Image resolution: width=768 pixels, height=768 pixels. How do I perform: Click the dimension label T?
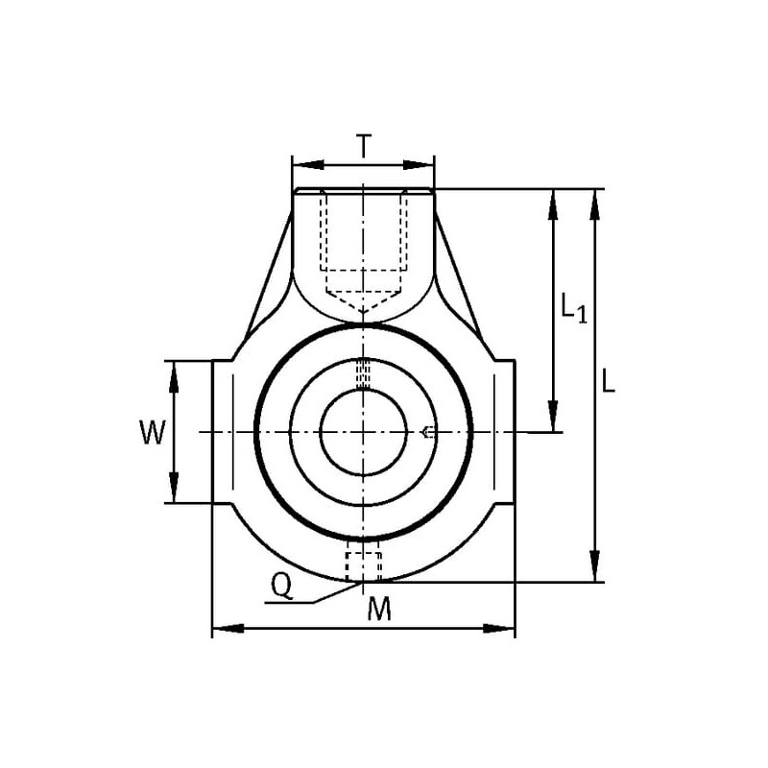[363, 146]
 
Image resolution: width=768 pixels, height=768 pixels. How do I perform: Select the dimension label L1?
[573, 308]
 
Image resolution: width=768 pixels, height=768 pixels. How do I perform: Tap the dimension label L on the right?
[608, 381]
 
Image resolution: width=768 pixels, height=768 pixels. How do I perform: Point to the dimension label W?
[153, 433]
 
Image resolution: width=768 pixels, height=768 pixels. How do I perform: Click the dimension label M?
[379, 610]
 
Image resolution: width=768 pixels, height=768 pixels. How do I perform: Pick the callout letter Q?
[282, 587]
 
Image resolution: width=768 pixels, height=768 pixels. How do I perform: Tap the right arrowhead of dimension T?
[419, 165]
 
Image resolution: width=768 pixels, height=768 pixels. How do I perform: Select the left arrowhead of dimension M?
[228, 628]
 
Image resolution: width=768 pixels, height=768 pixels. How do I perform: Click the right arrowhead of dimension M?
[499, 628]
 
